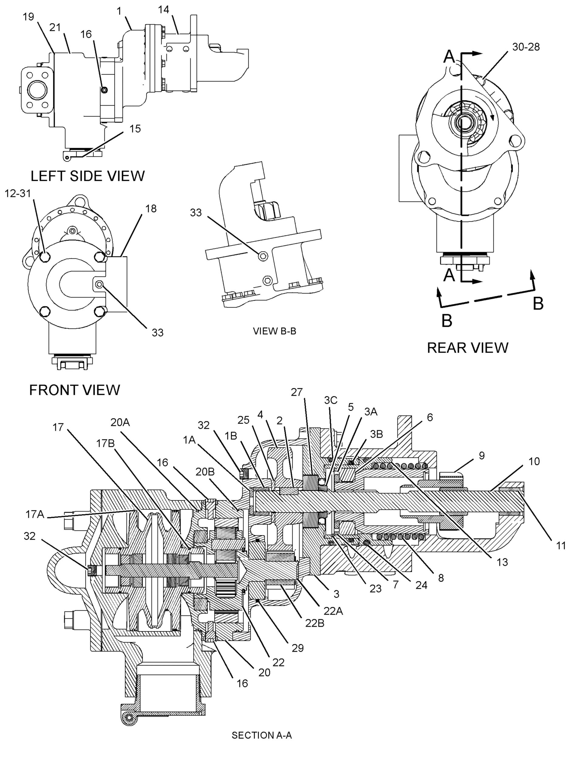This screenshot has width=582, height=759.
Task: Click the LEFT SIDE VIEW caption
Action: tap(88, 176)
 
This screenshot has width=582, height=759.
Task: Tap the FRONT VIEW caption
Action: tap(74, 390)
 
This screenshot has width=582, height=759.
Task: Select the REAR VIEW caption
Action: tap(468, 348)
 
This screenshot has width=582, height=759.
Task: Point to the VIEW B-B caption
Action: tap(274, 331)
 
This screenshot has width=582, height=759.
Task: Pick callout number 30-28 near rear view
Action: tap(526, 47)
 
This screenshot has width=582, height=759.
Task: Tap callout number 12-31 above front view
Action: tap(18, 193)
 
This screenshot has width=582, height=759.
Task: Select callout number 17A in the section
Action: tap(35, 514)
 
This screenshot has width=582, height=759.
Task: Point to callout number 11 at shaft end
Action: tap(560, 546)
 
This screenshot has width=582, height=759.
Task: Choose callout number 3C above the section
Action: tap(331, 400)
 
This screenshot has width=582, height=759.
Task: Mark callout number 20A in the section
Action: tap(120, 423)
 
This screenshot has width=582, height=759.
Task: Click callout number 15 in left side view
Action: tap(135, 128)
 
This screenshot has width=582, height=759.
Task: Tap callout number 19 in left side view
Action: tap(29, 17)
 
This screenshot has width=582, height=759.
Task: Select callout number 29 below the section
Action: tap(298, 648)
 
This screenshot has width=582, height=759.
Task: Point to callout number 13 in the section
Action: tap(502, 562)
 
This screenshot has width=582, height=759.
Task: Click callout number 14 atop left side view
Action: tap(164, 10)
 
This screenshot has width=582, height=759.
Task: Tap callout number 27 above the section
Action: tap(297, 392)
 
